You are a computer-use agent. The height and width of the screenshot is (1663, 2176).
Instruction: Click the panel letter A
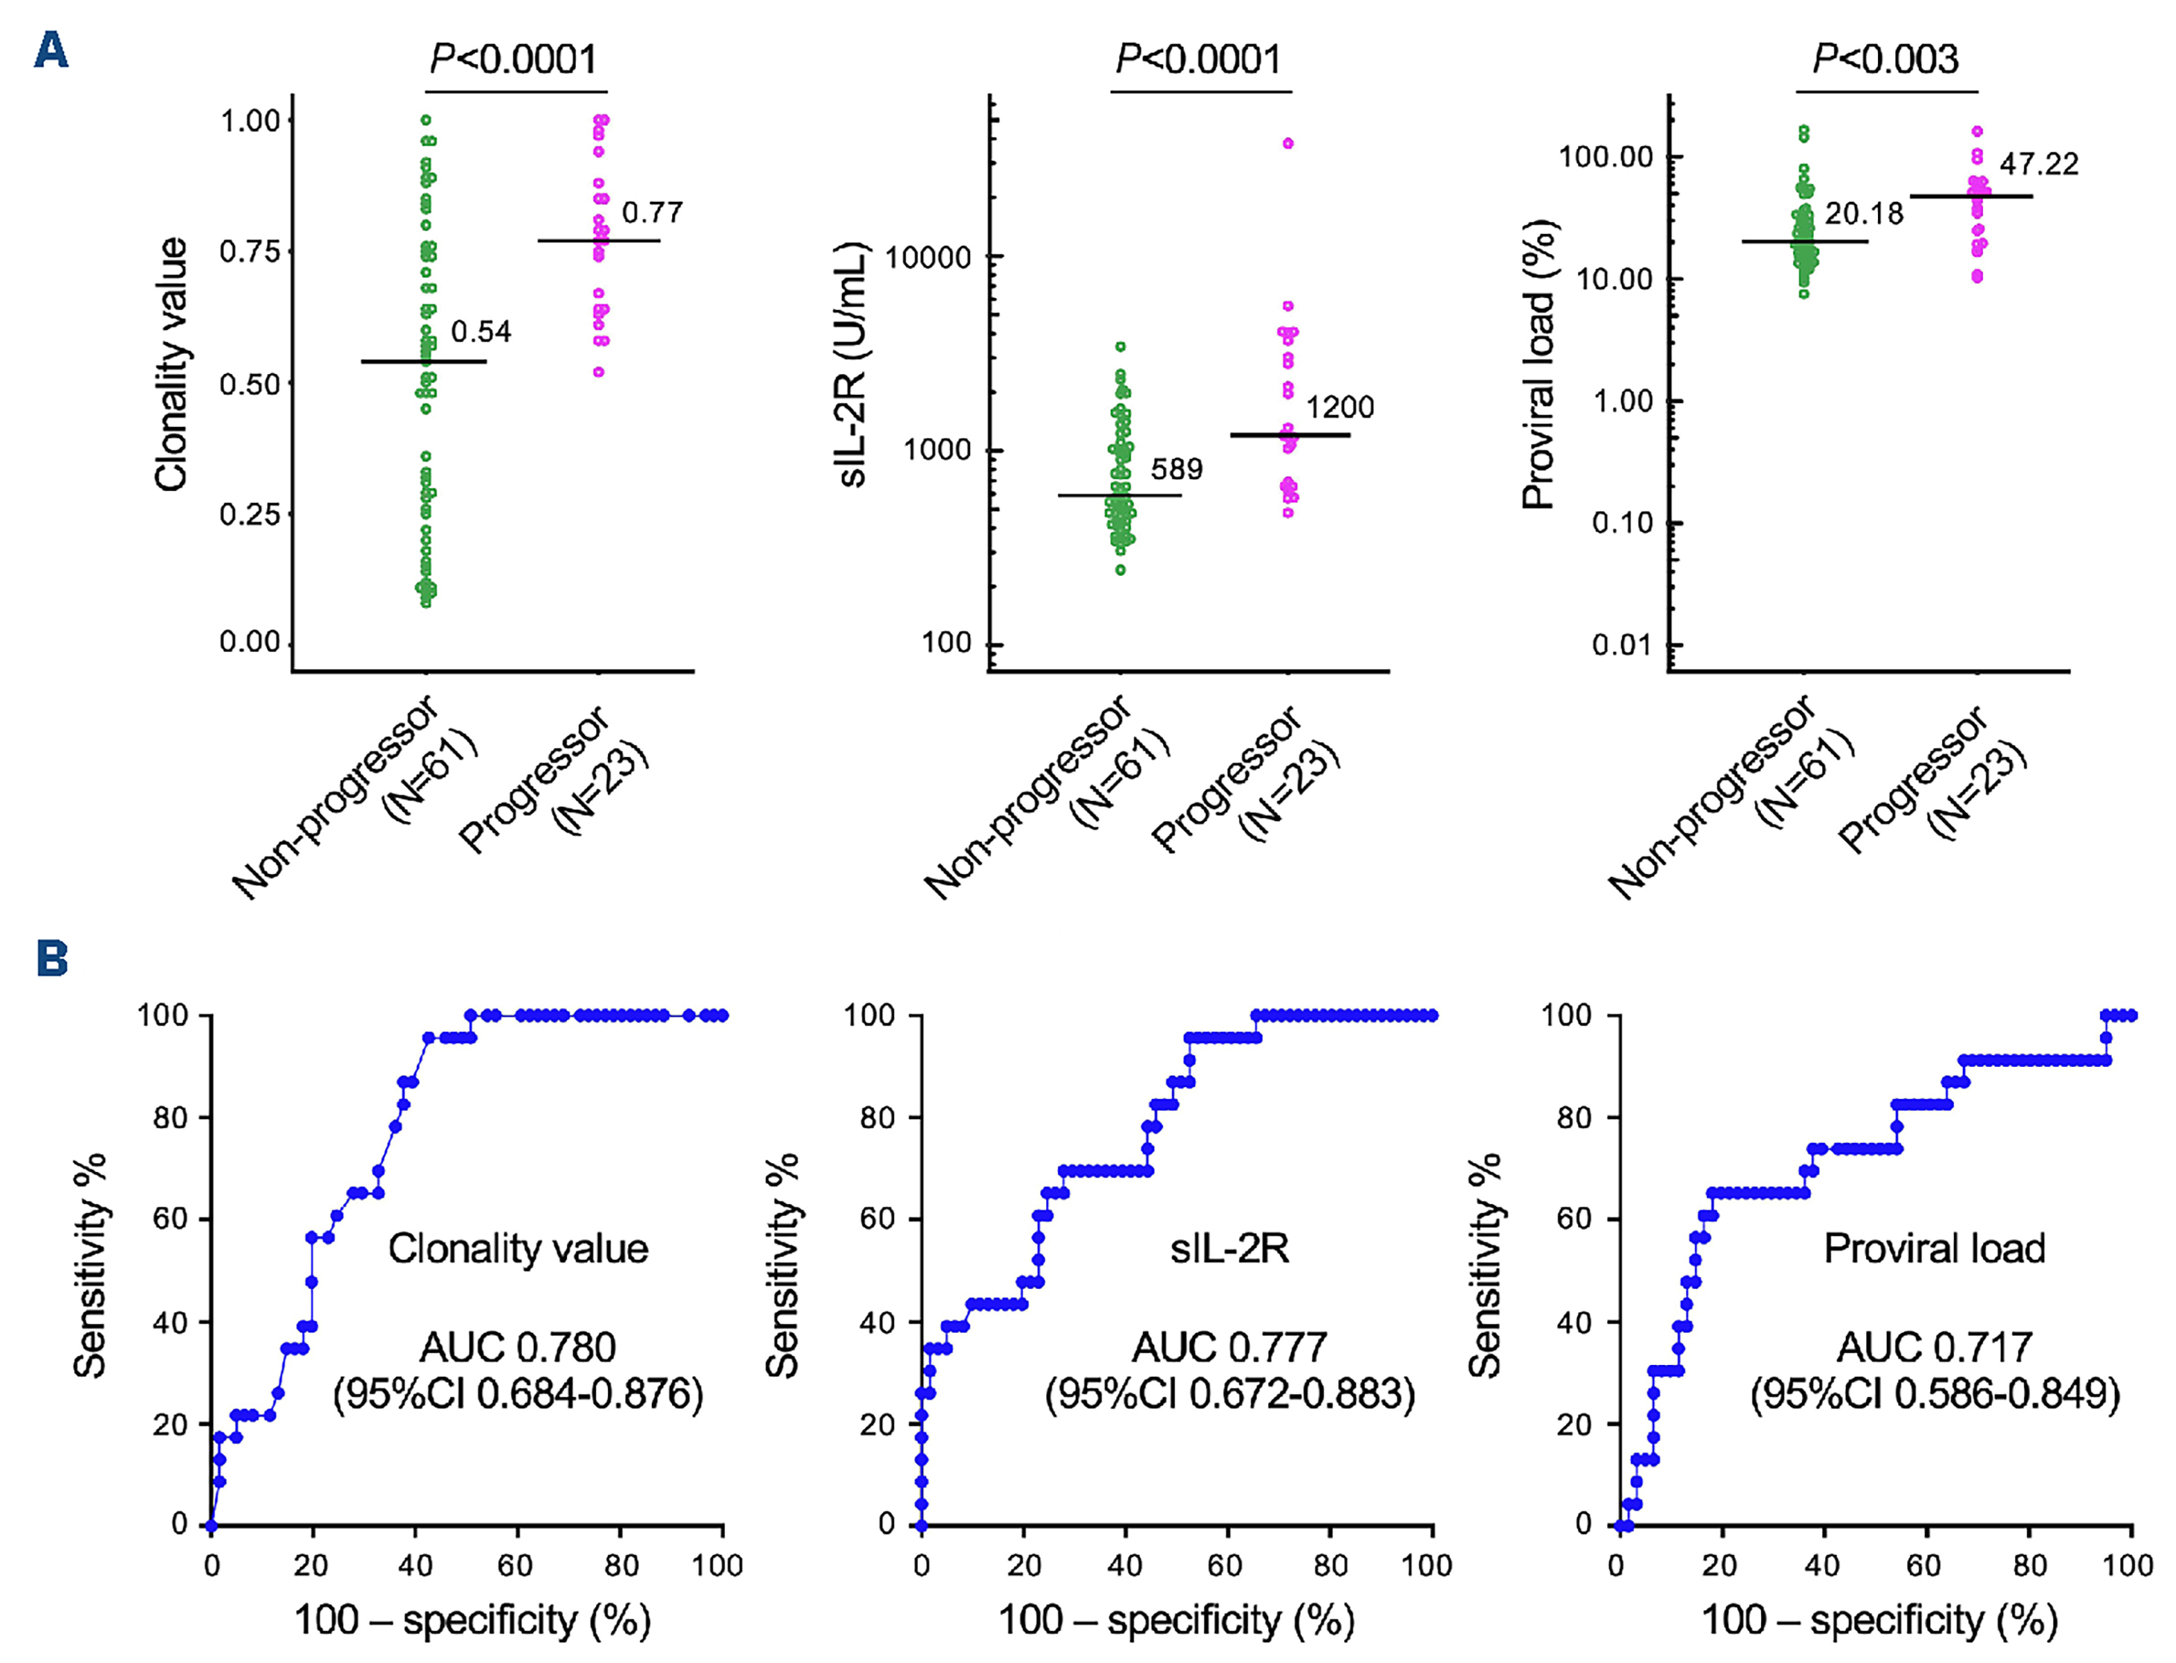tap(50, 50)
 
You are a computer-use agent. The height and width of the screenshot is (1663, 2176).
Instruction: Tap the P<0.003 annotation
tap(1885, 59)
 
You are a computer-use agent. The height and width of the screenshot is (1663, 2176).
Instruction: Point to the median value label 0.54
tap(481, 332)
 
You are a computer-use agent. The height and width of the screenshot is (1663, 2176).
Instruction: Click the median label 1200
tap(1339, 407)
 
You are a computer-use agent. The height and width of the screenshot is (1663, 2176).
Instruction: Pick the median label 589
tap(1176, 470)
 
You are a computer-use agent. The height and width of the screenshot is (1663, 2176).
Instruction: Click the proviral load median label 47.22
tap(2038, 165)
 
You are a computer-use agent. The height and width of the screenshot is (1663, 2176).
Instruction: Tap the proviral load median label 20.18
tap(1863, 214)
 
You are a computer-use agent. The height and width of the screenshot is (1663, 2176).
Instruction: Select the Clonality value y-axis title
tap(171, 364)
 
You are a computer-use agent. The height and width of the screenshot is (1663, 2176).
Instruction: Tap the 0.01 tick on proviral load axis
tap(1621, 645)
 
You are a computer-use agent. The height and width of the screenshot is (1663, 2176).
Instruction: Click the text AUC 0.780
tap(518, 1347)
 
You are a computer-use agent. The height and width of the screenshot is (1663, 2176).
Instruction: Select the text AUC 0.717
tap(1935, 1347)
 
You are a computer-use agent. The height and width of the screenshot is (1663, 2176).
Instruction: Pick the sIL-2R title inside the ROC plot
tap(1229, 1248)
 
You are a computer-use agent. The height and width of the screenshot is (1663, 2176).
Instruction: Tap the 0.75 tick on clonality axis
tap(250, 252)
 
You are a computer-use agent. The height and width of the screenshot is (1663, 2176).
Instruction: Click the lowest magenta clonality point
tap(599, 372)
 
